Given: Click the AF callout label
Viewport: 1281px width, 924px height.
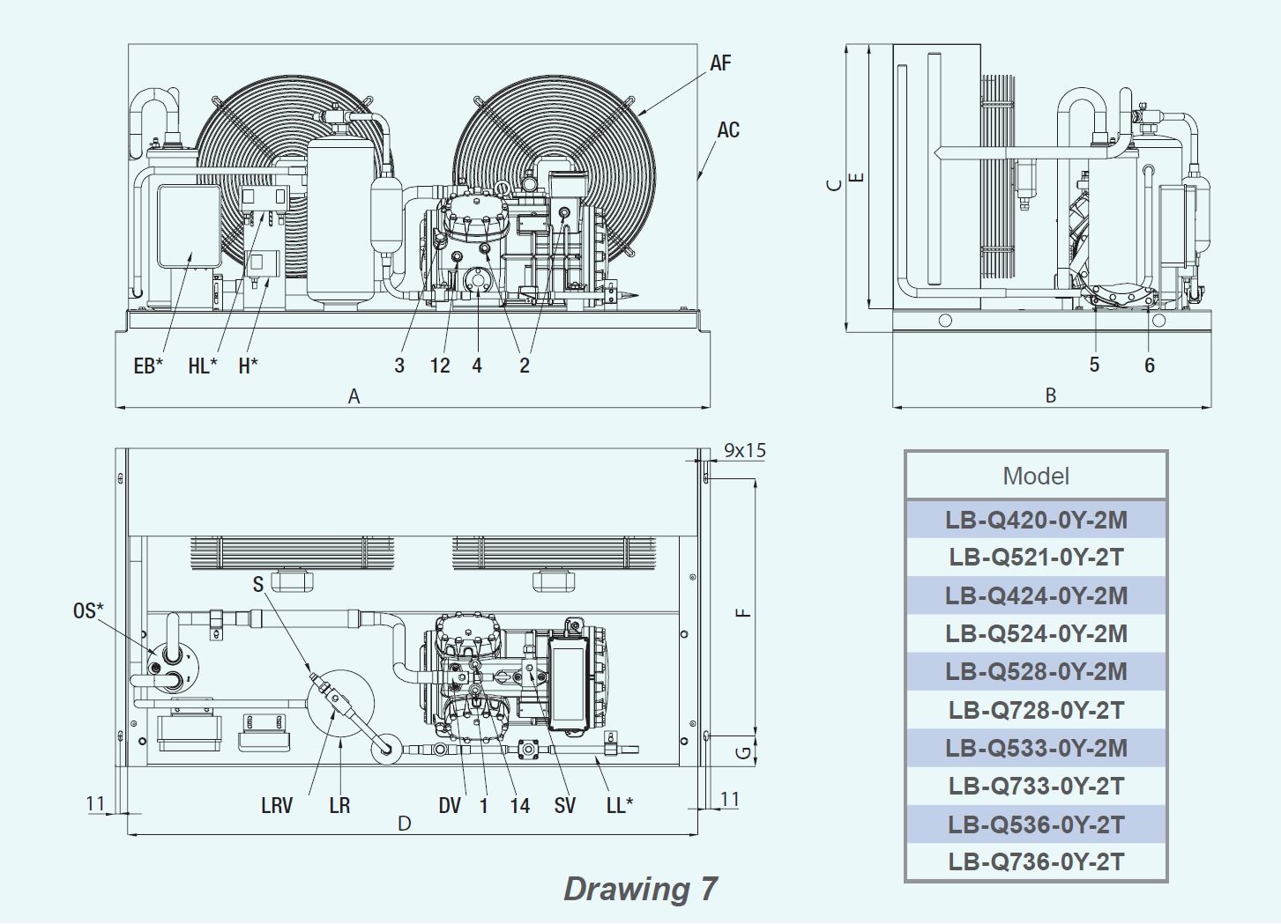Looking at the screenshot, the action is pyautogui.click(x=720, y=63).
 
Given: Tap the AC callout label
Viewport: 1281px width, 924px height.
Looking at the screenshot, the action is pyautogui.click(x=728, y=130).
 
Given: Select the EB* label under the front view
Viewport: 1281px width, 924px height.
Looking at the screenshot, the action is pyautogui.click(x=148, y=366).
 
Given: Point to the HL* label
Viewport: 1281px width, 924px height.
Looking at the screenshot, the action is pyautogui.click(x=203, y=366).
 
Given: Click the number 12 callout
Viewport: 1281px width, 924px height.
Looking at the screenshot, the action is pyautogui.click(x=440, y=366).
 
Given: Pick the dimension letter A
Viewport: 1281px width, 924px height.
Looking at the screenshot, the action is pyautogui.click(x=354, y=396).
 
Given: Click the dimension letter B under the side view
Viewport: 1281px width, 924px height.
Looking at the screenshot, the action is pyautogui.click(x=1051, y=395).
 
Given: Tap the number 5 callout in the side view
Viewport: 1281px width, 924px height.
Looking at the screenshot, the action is pyautogui.click(x=1094, y=365).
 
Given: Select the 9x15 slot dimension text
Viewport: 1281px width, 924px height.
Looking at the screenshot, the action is pyautogui.click(x=745, y=451).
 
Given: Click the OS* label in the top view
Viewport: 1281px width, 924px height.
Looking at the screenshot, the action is pyautogui.click(x=88, y=610).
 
